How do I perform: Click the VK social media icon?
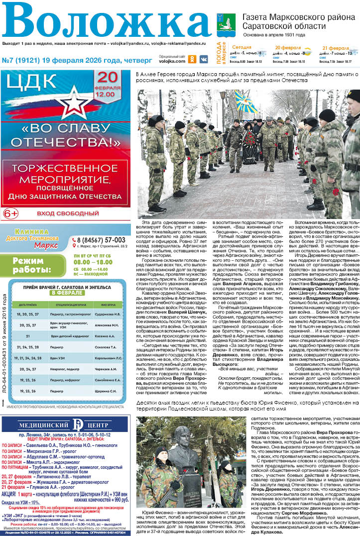tap(203, 59)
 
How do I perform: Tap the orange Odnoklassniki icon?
tap(193, 59)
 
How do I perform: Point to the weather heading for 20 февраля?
tap(287, 48)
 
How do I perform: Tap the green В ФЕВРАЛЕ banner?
tap(66, 293)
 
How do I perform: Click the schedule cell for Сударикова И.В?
tap(105, 315)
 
